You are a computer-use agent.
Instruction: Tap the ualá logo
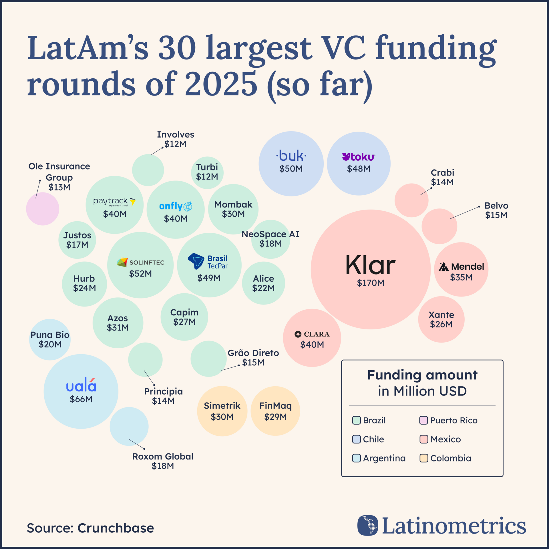click(x=81, y=385)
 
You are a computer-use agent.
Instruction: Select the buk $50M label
click(x=291, y=169)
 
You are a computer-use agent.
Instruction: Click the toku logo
click(x=359, y=157)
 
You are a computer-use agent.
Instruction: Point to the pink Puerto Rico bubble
click(x=43, y=209)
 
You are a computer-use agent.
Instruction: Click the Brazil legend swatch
click(x=356, y=420)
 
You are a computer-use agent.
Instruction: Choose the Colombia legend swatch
click(x=423, y=458)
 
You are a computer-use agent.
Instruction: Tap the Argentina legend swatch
click(x=356, y=458)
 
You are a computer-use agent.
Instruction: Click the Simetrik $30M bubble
click(x=222, y=411)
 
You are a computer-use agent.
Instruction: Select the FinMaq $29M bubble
click(x=275, y=411)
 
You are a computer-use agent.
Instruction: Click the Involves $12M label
click(x=175, y=139)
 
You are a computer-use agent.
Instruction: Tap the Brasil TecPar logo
click(x=208, y=261)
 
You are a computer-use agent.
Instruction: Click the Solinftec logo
click(x=140, y=262)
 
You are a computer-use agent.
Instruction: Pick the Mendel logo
click(x=461, y=267)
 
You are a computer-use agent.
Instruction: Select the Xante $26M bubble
click(x=441, y=319)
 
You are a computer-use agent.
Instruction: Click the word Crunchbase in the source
click(x=116, y=528)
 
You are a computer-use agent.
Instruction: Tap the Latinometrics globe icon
click(x=368, y=525)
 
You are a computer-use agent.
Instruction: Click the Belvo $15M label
click(x=496, y=210)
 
